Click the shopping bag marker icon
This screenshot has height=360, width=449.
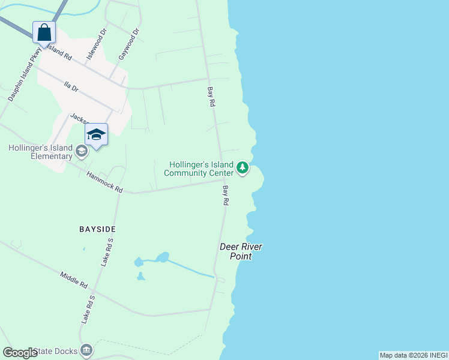pos(44,32)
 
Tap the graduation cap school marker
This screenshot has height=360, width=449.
pos(96,134)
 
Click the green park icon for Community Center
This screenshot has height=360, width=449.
pos(243,167)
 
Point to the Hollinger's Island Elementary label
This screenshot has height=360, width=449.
pos(40,152)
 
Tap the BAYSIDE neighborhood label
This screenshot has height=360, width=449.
pos(97,229)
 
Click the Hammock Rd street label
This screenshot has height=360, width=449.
pos(104,182)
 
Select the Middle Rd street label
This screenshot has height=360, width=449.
pos(74,279)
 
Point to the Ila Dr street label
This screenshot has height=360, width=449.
pos(71,87)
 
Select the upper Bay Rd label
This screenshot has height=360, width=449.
pos(211,97)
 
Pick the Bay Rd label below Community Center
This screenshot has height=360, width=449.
pos(226,196)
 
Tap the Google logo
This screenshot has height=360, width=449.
pos(20,353)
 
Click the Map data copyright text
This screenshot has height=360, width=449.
pos(413,355)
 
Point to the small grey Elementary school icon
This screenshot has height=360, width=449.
pos(81,151)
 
